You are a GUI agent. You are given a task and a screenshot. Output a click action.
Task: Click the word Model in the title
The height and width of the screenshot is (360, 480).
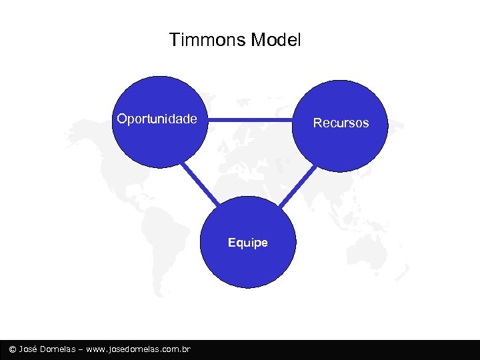(276, 40)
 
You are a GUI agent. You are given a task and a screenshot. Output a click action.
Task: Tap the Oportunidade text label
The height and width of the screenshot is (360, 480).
(157, 119)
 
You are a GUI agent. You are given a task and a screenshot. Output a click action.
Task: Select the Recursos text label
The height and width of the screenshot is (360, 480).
(341, 123)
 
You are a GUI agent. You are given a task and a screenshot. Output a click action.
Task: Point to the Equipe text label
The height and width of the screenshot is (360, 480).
(247, 243)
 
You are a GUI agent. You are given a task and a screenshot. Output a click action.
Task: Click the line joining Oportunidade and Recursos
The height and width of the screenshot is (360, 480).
(250, 121)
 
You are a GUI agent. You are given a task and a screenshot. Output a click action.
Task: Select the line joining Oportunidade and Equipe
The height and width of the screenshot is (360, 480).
(201, 183)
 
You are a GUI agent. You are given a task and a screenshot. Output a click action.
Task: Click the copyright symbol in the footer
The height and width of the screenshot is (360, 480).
(12, 349)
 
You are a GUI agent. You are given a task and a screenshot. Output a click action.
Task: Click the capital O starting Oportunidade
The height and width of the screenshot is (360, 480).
(121, 119)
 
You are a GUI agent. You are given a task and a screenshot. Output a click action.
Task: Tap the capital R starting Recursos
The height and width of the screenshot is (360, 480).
(317, 123)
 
